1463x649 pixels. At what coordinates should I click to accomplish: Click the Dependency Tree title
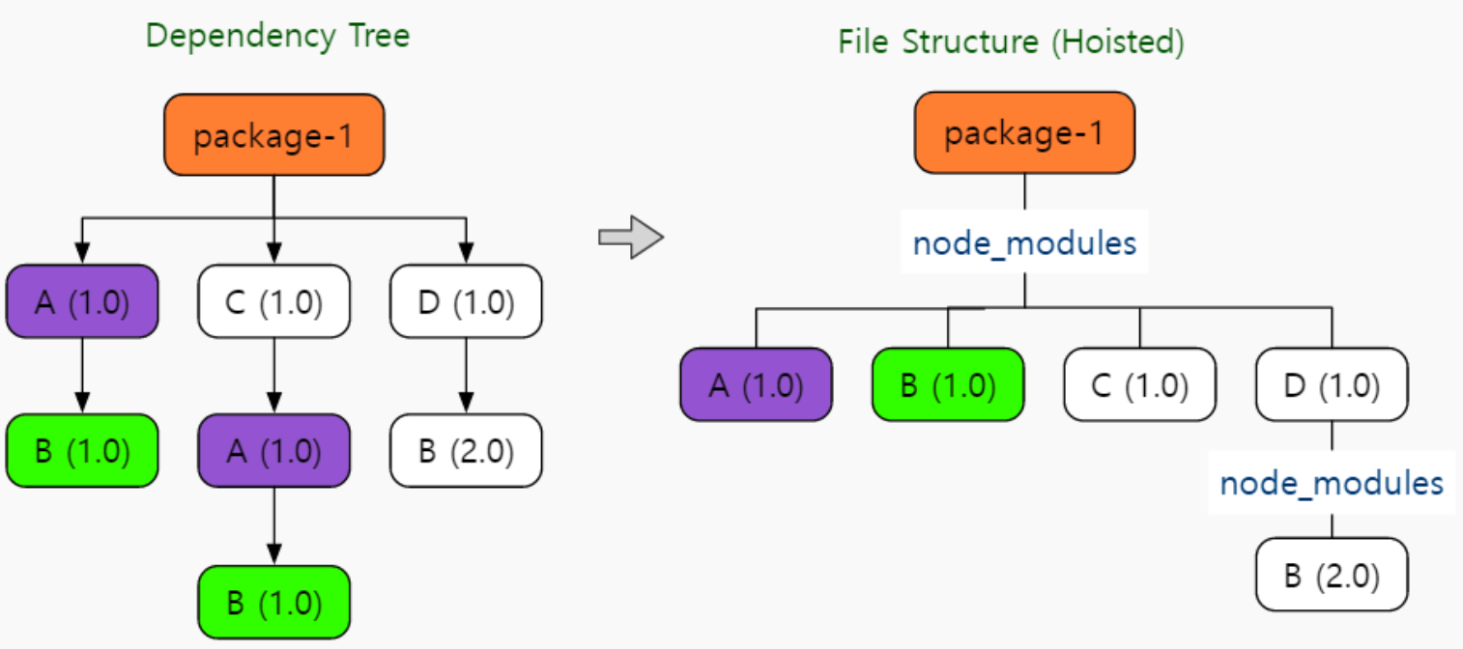(277, 36)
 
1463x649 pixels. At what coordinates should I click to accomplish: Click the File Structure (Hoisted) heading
(1011, 42)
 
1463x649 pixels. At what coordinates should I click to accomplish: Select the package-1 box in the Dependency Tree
(274, 134)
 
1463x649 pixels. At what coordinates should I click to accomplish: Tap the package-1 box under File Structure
(1024, 132)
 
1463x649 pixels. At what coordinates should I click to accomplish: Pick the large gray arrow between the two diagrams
(631, 237)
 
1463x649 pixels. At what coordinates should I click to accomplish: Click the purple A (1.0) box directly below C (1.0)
(274, 450)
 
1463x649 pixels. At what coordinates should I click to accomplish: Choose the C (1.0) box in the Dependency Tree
(274, 301)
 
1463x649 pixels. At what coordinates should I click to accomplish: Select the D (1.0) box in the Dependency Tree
(467, 301)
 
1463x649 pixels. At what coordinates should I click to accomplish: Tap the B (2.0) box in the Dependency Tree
(467, 450)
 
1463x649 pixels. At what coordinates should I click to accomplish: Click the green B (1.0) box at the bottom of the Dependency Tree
(274, 602)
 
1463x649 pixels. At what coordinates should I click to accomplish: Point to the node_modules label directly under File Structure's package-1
(1024, 243)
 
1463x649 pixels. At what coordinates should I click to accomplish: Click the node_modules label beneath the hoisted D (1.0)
(1332, 484)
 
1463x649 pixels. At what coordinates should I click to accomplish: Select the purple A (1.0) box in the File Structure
(757, 384)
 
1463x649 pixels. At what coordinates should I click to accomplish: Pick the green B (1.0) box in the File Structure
(948, 384)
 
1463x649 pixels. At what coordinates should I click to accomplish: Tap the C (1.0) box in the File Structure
(1139, 384)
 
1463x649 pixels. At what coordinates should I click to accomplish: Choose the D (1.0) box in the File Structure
(1332, 384)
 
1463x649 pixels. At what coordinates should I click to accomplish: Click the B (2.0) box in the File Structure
(1332, 575)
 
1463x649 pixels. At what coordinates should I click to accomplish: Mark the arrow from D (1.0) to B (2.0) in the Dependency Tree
(467, 376)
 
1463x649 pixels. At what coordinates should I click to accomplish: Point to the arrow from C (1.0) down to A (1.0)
(274, 376)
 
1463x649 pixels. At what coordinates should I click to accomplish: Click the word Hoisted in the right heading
(1117, 42)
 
